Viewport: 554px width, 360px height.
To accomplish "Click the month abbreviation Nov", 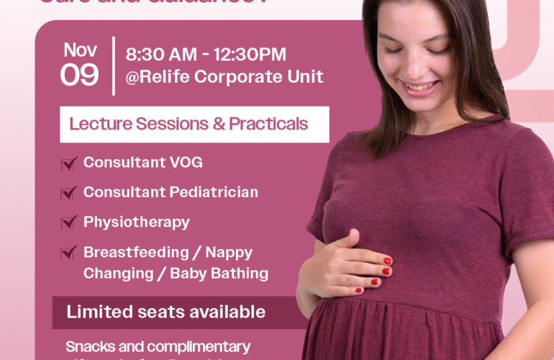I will coord(80,50).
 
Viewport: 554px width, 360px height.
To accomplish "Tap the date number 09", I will coord(80,75).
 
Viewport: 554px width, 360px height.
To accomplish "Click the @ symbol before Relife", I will coord(132,76).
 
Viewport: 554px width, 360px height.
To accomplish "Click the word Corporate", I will coord(241,76).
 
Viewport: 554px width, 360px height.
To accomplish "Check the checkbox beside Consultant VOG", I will coord(69,164).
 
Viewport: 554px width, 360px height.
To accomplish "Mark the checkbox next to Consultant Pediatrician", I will coord(69,193).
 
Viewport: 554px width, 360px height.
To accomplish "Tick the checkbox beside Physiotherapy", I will coord(69,222).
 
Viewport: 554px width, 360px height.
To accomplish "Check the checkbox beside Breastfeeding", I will coord(69,253).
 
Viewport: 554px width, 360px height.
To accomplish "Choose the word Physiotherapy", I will coord(137,222).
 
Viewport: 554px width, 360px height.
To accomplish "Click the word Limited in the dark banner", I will coord(93,312).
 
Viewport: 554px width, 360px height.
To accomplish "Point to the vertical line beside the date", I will coord(113,65).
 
